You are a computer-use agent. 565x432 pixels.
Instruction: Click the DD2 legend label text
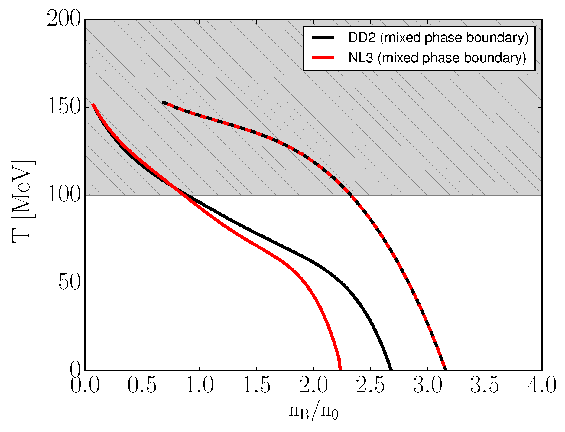(x=438, y=38)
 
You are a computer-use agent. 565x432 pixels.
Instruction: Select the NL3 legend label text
(x=437, y=58)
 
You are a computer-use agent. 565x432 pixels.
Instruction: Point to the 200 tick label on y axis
(x=64, y=20)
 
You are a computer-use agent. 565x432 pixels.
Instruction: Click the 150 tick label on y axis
(x=64, y=107)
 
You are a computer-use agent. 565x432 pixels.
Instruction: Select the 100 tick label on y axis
(x=64, y=195)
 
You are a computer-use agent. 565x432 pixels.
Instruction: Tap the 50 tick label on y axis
(x=70, y=283)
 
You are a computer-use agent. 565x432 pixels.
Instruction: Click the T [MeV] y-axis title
(x=23, y=202)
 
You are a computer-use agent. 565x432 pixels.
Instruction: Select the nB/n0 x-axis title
(x=313, y=412)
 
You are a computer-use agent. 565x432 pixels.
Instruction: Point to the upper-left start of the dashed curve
(x=163, y=103)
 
